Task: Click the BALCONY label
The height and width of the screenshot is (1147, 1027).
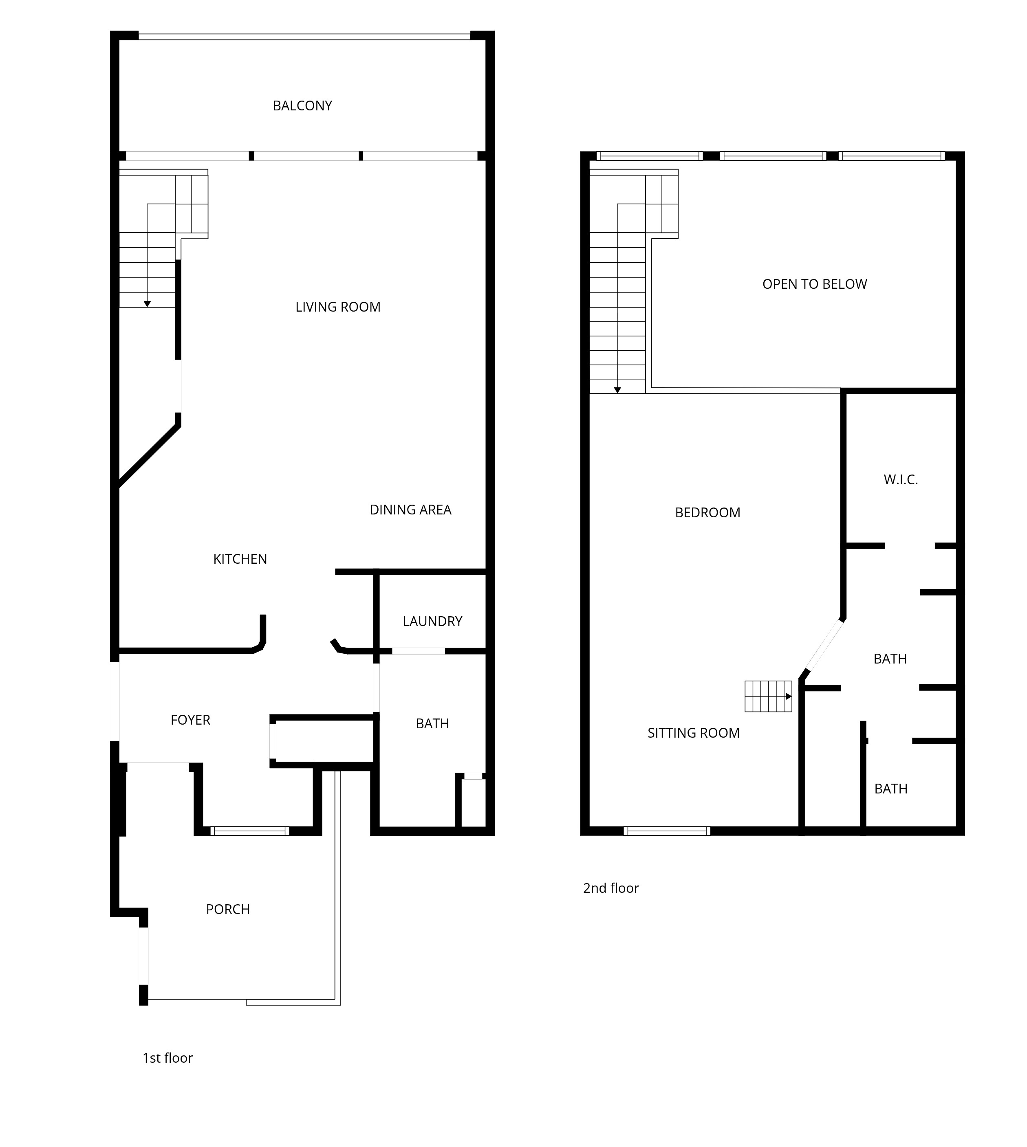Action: pyautogui.click(x=302, y=106)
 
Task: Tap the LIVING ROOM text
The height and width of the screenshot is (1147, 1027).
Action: pyautogui.click(x=338, y=308)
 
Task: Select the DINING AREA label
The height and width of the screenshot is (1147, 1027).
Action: pyautogui.click(x=410, y=510)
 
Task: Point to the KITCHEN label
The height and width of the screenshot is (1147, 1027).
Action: pyautogui.click(x=240, y=559)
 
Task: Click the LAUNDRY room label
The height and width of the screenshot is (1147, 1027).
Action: pyautogui.click(x=432, y=622)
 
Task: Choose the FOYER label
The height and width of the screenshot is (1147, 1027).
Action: pyautogui.click(x=190, y=720)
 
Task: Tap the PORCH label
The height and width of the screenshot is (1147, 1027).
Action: pyautogui.click(x=227, y=910)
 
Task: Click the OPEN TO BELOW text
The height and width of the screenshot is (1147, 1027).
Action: pyautogui.click(x=814, y=284)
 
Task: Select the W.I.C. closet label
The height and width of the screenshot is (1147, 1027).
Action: pyautogui.click(x=901, y=480)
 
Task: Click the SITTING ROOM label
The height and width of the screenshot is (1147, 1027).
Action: pyautogui.click(x=694, y=733)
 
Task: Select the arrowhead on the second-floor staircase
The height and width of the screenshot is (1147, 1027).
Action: pyautogui.click(x=617, y=390)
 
